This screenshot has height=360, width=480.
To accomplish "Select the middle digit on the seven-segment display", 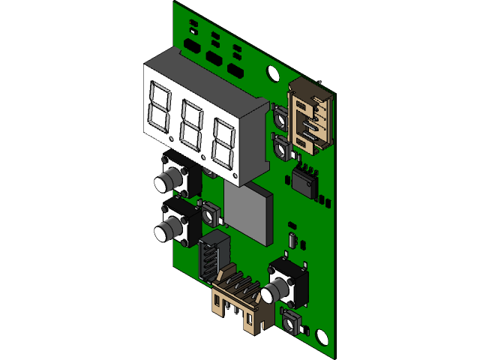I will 192,124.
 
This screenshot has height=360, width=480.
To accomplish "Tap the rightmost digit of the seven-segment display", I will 223,141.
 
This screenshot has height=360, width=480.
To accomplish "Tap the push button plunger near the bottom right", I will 277,288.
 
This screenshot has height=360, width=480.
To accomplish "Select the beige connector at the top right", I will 312,115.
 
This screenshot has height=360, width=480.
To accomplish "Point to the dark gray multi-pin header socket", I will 213,255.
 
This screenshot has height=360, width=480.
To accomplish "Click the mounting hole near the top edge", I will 271,72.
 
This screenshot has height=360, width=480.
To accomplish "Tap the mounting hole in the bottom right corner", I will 322,336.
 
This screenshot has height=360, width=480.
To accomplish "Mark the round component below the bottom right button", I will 289,322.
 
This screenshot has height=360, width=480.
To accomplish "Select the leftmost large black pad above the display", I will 192,45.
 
